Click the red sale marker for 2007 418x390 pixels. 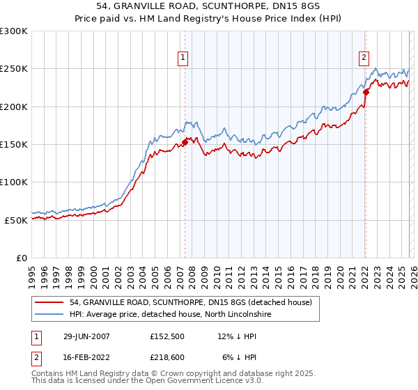(x=185, y=143)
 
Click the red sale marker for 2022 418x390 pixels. (x=366, y=91)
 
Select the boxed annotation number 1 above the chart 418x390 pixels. (x=183, y=58)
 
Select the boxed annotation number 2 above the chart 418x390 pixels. (x=364, y=58)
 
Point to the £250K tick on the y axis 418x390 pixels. (x=14, y=69)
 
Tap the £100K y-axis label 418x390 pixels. (x=14, y=182)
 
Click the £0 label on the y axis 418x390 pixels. (x=21, y=258)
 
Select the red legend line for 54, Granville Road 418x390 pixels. (x=50, y=302)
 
